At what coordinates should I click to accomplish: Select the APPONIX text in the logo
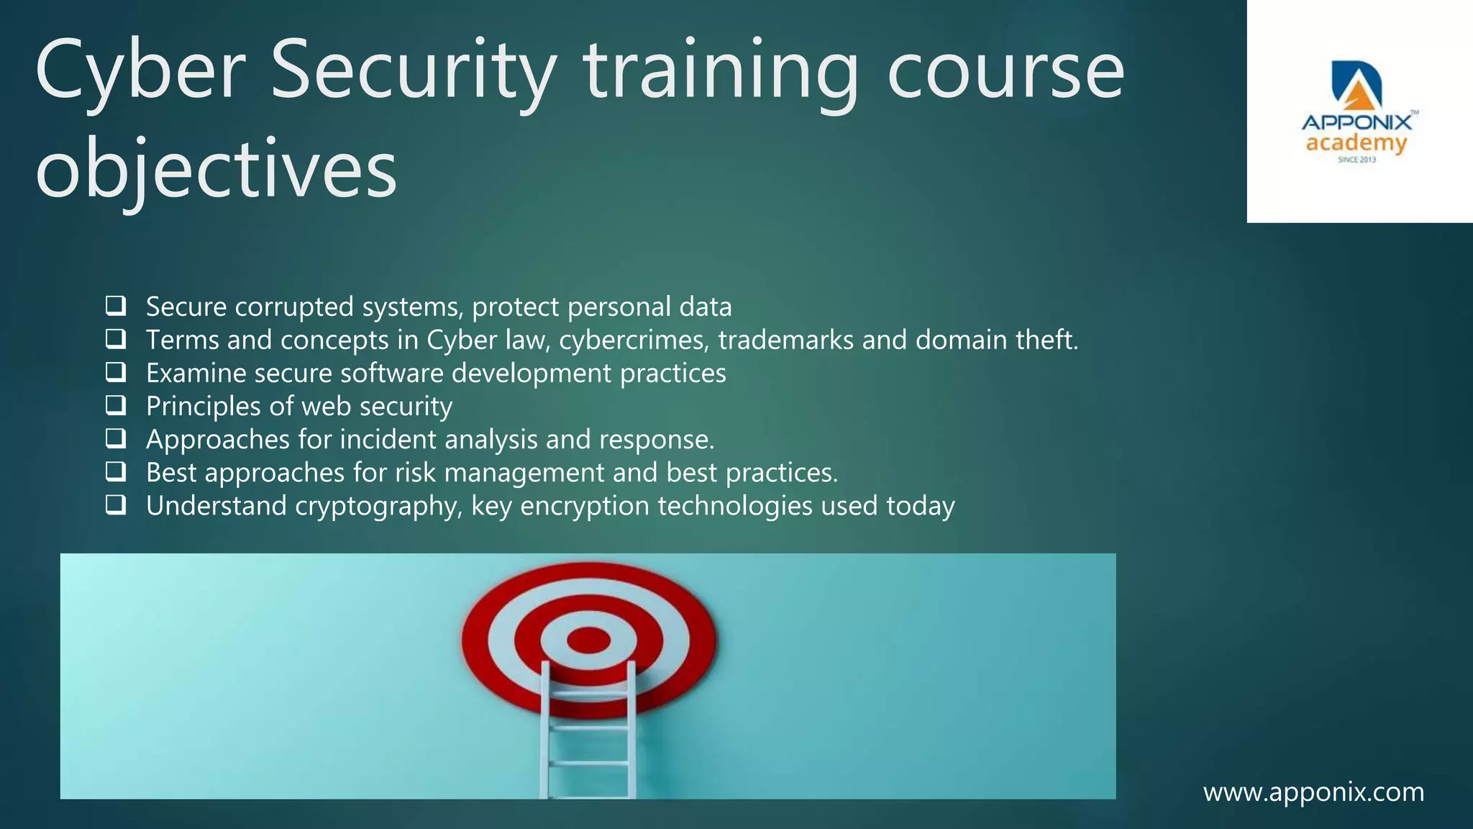click(x=1356, y=123)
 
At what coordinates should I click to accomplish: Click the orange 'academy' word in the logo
click(x=1356, y=143)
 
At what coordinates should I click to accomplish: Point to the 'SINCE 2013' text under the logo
click(x=1356, y=160)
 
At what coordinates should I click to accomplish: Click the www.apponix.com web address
click(x=1313, y=792)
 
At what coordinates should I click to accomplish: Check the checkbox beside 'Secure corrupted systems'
click(x=116, y=306)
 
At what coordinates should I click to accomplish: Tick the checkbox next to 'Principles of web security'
click(x=116, y=405)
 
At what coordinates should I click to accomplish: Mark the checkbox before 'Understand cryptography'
click(x=116, y=504)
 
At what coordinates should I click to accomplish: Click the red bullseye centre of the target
click(x=588, y=639)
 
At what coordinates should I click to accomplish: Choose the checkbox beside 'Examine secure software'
click(x=116, y=372)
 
